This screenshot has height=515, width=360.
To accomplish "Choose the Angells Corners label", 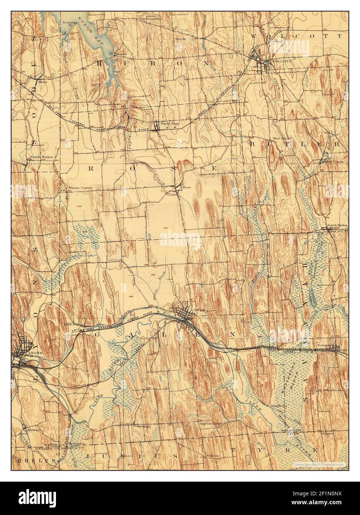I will coord(210,423).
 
